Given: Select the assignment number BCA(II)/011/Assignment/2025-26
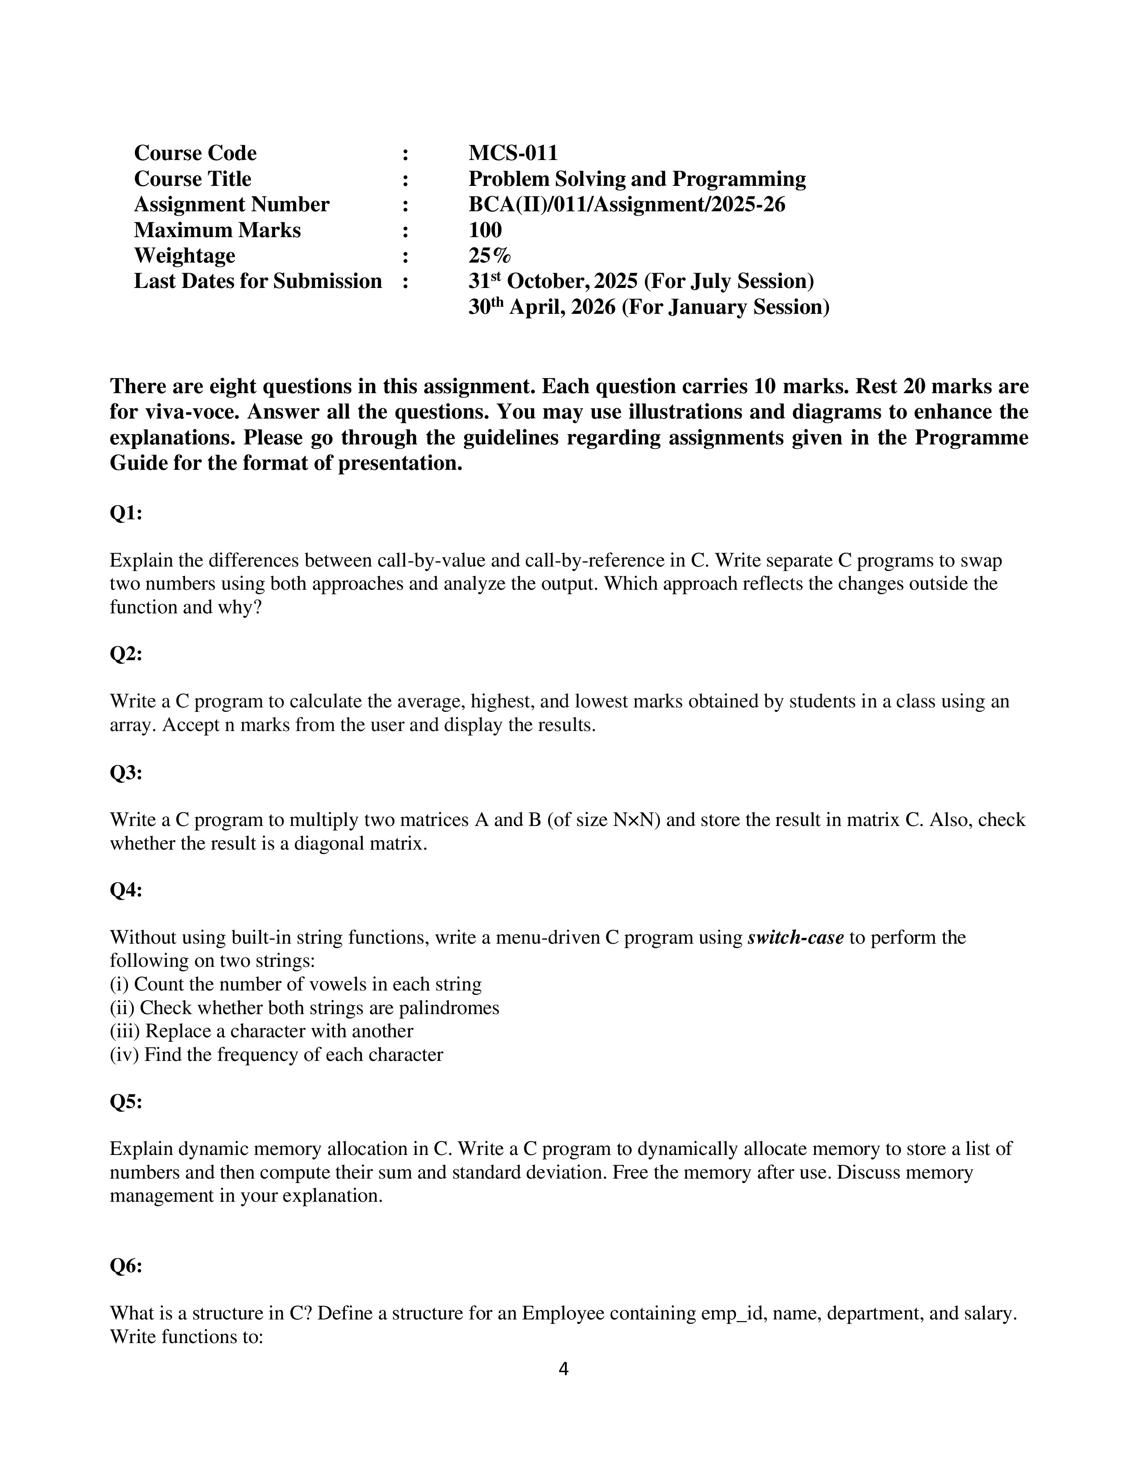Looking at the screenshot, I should coord(626,205).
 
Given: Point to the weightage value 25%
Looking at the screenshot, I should coord(490,256).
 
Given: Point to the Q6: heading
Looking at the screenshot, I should coord(126,1266).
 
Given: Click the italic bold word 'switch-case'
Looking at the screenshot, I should coord(795,937).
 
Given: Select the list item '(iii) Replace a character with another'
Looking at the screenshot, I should coord(261,1031).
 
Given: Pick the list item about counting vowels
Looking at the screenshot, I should coord(296,984).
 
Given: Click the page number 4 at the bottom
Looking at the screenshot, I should coord(564,1369).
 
